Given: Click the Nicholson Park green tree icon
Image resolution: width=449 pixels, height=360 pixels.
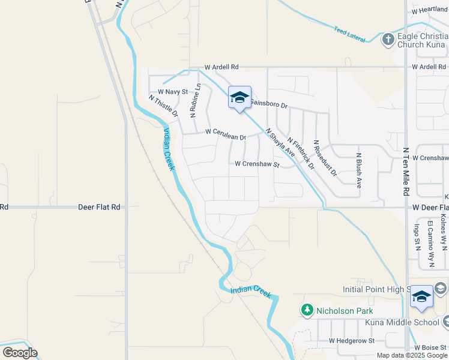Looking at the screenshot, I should click(307, 310).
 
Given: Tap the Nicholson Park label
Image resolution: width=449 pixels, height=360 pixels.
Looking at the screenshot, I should click(345, 311).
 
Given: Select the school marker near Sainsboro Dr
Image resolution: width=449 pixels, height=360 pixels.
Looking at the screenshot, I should click(240, 98).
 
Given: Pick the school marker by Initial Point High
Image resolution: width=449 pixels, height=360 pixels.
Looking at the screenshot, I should click(421, 297).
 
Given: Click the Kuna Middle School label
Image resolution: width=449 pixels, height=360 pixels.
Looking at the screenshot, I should click(402, 322).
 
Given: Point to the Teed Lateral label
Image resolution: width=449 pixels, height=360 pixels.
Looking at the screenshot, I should click(349, 33).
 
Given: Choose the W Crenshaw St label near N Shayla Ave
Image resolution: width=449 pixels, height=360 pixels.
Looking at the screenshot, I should click(257, 164).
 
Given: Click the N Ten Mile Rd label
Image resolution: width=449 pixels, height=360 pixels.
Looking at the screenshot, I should click(406, 172).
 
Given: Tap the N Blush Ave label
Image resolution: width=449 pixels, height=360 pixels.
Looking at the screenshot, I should click(358, 170).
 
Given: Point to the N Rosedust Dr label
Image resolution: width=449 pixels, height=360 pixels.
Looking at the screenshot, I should click(326, 162).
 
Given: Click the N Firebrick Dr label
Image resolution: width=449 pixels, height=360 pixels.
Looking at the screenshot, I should click(301, 153).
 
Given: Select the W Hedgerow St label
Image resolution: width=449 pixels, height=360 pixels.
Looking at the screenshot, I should click(351, 341).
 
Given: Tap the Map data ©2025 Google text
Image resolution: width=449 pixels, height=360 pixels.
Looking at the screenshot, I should click(412, 355).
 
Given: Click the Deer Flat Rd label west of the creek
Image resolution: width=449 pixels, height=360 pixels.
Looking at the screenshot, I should click(99, 207).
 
